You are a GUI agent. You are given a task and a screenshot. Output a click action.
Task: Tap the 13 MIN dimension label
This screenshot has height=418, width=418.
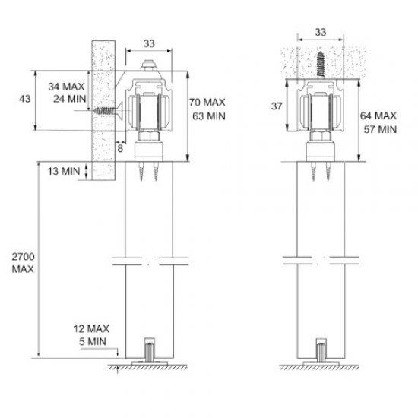pos(64,172)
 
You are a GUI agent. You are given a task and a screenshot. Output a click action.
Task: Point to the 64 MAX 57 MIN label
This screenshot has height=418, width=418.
pos(378,123)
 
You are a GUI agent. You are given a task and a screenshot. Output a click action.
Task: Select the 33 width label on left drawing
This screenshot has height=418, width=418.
pos(150,44)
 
